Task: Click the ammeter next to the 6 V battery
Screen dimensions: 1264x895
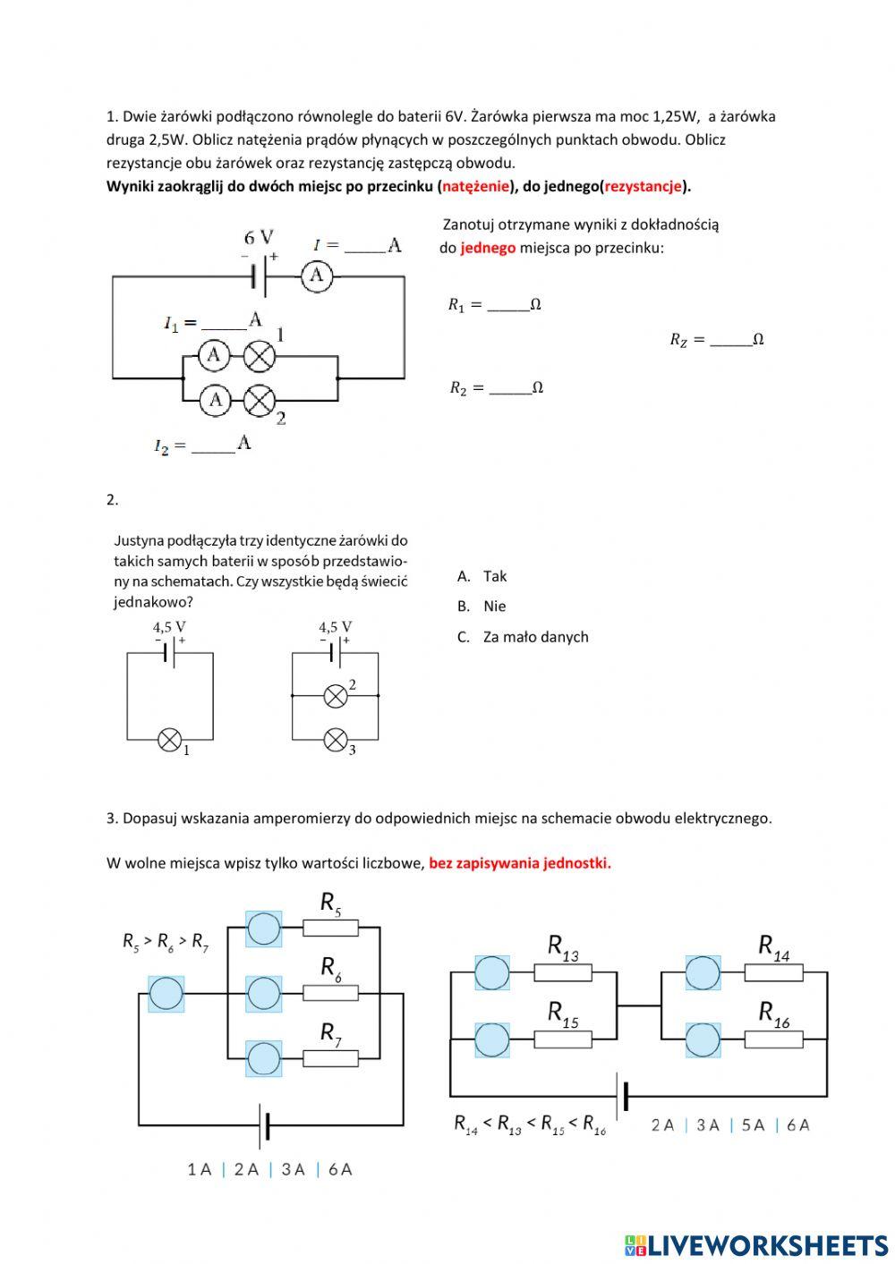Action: (x=316, y=276)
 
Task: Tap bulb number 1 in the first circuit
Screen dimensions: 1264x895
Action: (x=260, y=356)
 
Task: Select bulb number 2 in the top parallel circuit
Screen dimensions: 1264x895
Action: (x=260, y=400)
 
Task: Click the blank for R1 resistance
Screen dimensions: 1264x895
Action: (x=508, y=305)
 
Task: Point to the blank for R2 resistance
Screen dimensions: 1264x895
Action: (x=511, y=388)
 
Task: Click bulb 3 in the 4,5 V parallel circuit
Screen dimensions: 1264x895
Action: (x=336, y=740)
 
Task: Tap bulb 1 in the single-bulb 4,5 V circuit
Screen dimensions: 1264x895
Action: (x=170, y=740)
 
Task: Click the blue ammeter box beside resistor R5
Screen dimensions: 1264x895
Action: (x=263, y=929)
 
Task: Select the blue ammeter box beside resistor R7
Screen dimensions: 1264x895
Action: (x=263, y=1058)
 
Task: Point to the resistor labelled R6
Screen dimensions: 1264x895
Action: (x=330, y=993)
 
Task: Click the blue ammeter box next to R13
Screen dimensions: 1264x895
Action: (x=491, y=972)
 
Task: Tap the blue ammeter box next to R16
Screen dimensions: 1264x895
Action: (x=703, y=1040)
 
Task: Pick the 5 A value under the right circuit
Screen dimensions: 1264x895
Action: (x=753, y=1125)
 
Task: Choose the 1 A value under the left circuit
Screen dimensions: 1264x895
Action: (x=199, y=1169)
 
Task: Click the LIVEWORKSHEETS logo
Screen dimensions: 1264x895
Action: (x=756, y=1244)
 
